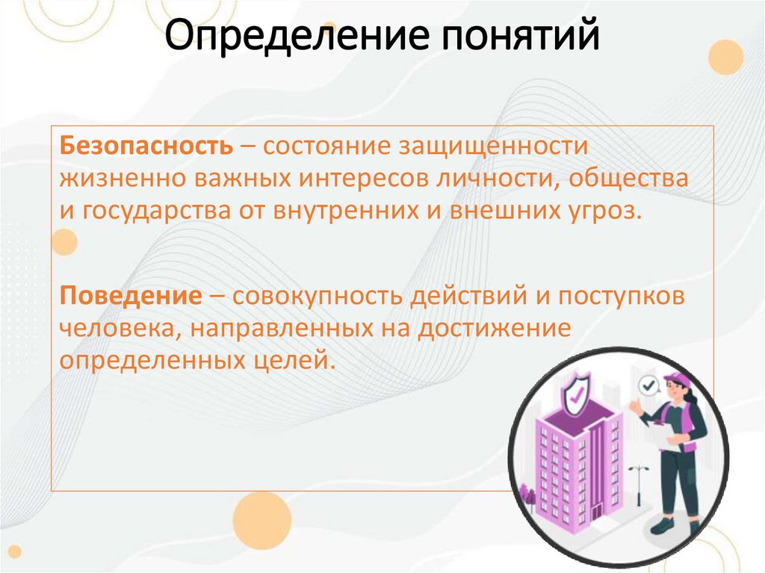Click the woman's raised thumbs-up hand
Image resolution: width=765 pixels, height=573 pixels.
click(636, 406)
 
